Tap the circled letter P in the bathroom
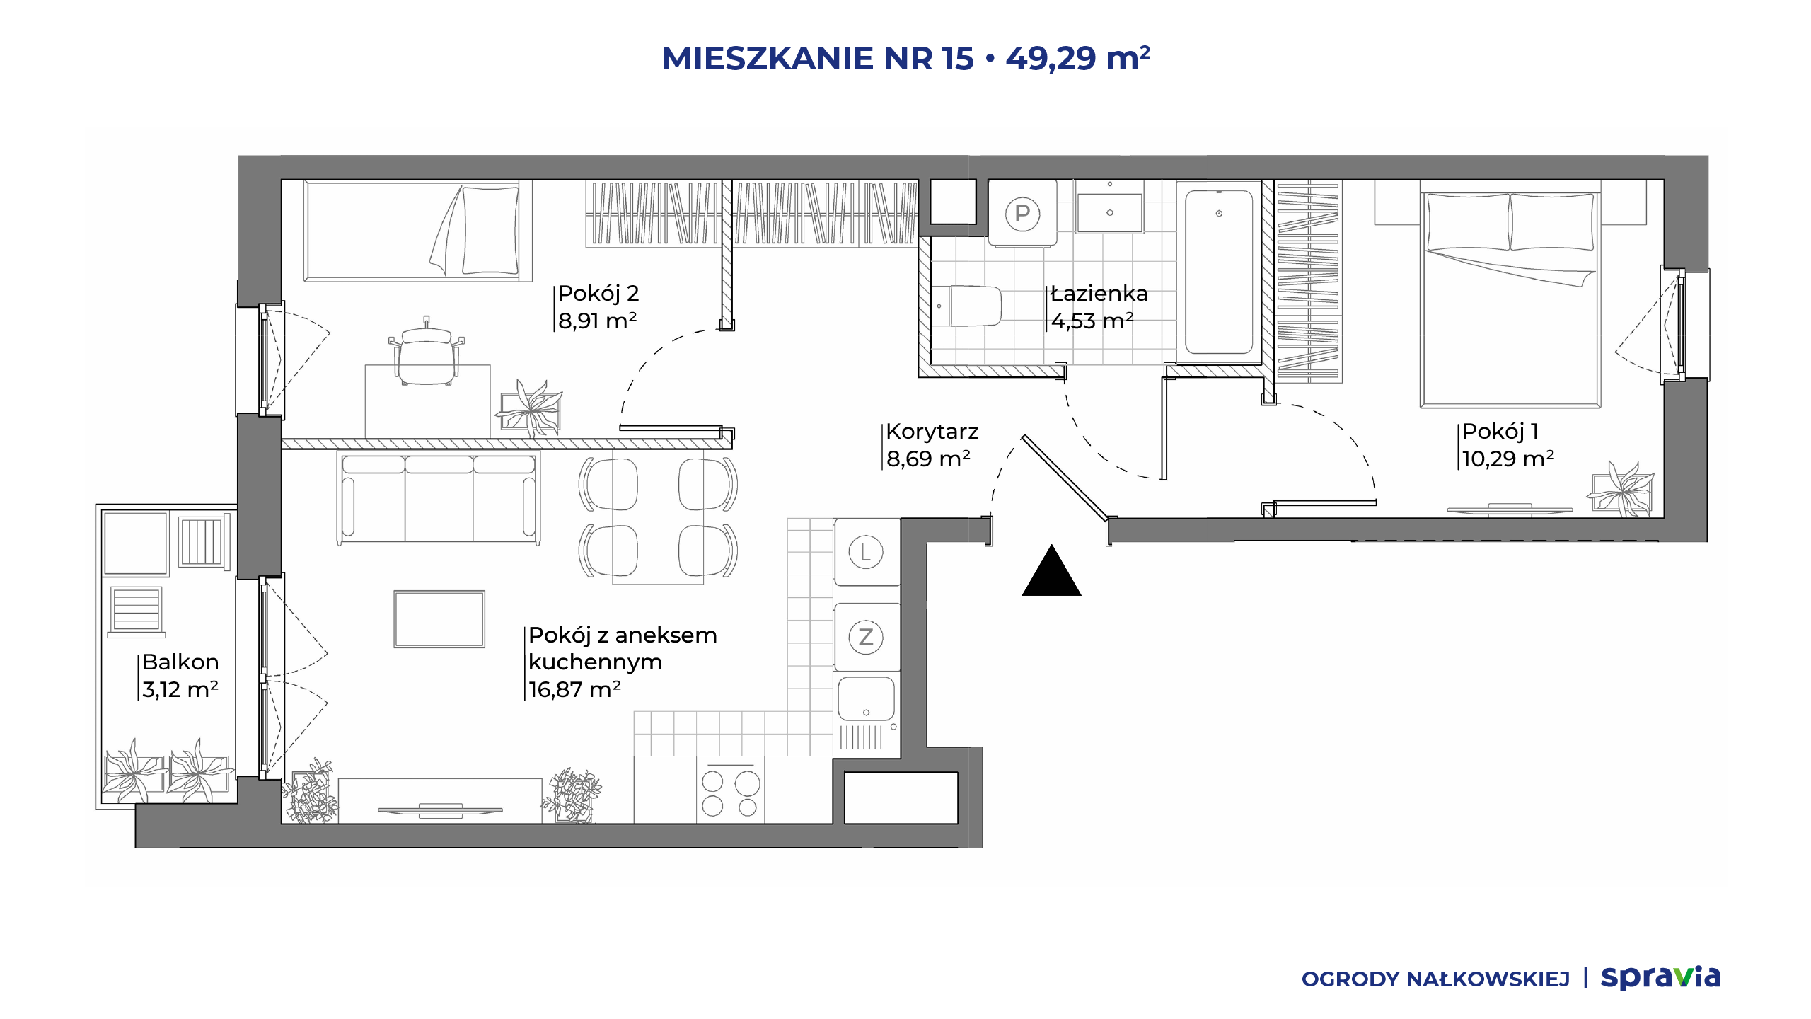(x=1022, y=213)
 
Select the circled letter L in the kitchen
(x=865, y=553)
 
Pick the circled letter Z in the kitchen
(x=866, y=637)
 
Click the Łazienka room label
(x=1099, y=293)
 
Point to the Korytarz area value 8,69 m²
(x=928, y=459)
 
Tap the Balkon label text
(x=180, y=662)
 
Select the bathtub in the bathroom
(x=1219, y=272)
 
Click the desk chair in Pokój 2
(x=427, y=352)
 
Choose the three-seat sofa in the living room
(x=439, y=498)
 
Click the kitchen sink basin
(x=867, y=698)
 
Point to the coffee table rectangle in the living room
(x=439, y=619)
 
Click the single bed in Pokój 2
(x=418, y=231)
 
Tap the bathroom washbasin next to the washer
(x=1109, y=210)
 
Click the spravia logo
(x=1660, y=978)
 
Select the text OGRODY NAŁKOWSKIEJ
(x=1435, y=979)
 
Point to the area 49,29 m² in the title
(x=1078, y=58)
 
